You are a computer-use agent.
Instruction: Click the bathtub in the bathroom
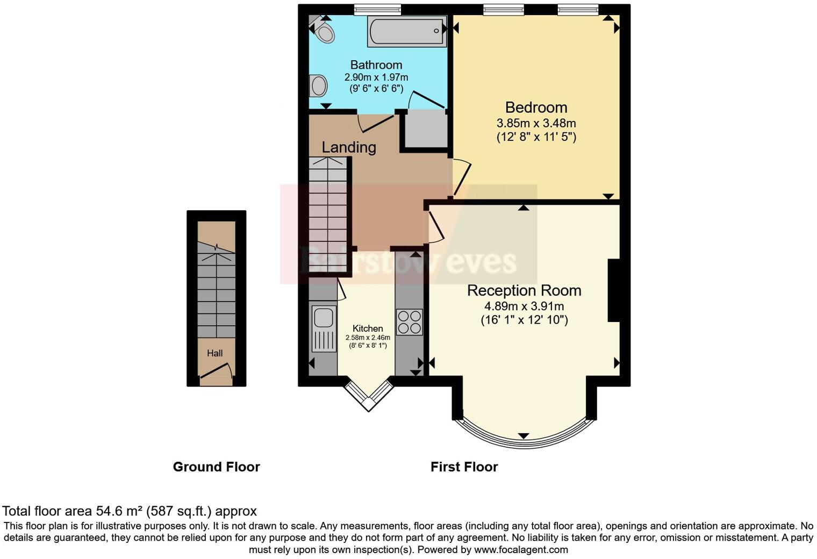click(x=407, y=31)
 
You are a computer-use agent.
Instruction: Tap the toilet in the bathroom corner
click(x=324, y=32)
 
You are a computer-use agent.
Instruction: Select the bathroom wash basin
click(x=318, y=85)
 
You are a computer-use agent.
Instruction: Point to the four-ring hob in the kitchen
click(x=409, y=322)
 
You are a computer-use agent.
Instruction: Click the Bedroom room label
click(x=536, y=107)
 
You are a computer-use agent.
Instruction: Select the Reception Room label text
click(x=524, y=290)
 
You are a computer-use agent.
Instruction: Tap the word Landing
click(x=349, y=147)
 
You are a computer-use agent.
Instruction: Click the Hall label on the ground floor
click(x=215, y=353)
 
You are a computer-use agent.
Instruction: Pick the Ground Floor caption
click(x=216, y=467)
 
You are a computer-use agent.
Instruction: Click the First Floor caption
click(x=464, y=467)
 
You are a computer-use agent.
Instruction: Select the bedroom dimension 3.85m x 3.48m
click(x=536, y=123)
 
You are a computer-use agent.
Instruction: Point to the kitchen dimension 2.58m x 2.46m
click(x=368, y=338)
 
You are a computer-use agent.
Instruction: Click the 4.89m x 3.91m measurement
click(x=524, y=306)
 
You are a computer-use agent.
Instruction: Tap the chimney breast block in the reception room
click(x=614, y=291)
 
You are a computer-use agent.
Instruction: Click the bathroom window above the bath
click(x=377, y=9)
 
